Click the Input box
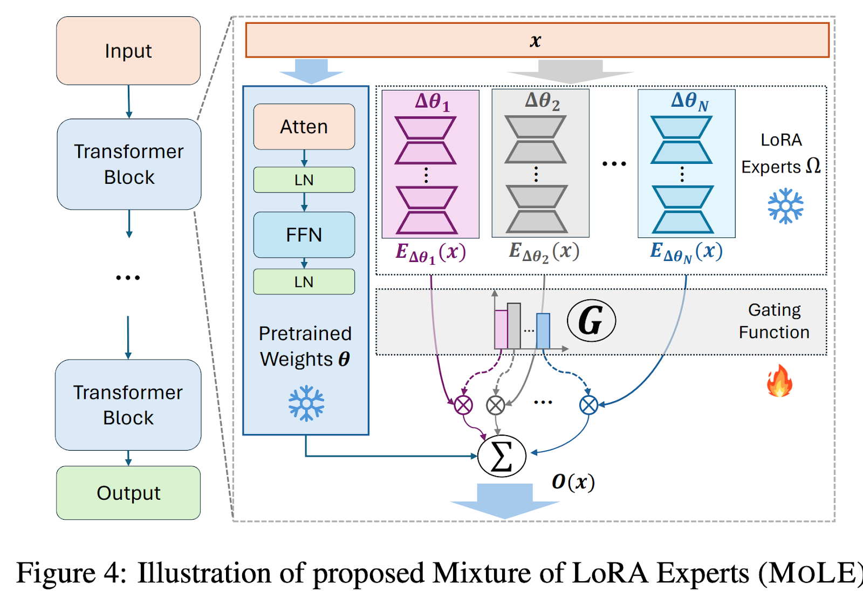(x=128, y=51)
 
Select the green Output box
(x=128, y=493)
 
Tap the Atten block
(x=304, y=127)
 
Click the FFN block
(x=304, y=235)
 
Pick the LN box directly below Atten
(x=304, y=180)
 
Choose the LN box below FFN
(x=304, y=281)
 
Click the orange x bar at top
(x=537, y=40)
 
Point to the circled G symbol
(x=591, y=321)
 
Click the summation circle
(x=502, y=456)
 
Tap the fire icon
(x=779, y=381)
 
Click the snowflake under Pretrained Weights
(x=306, y=403)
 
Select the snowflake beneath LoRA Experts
(x=786, y=205)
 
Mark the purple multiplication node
(x=463, y=405)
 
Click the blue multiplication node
(x=588, y=405)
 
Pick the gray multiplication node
(x=496, y=405)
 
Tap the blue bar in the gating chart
(x=543, y=331)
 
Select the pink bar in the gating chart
(x=501, y=329)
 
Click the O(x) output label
(x=573, y=481)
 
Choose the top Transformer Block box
(x=129, y=164)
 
